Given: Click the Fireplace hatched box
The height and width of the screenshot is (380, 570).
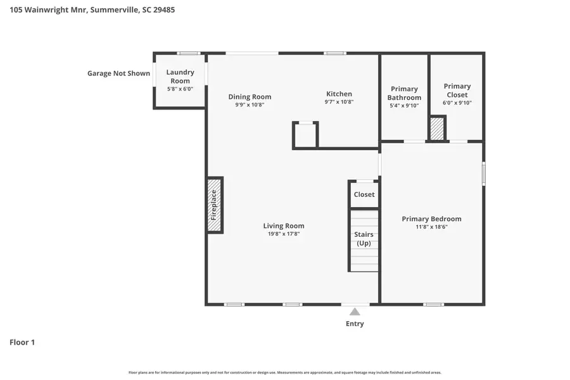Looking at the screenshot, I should pyautogui.click(x=215, y=205).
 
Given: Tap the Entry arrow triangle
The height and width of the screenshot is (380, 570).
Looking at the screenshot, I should pyautogui.click(x=355, y=312).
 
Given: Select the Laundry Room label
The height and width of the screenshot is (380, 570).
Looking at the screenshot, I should pyautogui.click(x=180, y=77).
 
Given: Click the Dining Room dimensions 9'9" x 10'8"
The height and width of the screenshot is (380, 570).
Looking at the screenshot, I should pyautogui.click(x=250, y=105).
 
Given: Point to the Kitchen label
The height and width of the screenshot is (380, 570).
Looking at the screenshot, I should pyautogui.click(x=339, y=94).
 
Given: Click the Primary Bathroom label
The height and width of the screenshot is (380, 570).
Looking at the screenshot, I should pyautogui.click(x=404, y=93).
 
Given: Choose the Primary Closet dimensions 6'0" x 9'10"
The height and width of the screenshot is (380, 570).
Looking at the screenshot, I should pyautogui.click(x=457, y=103).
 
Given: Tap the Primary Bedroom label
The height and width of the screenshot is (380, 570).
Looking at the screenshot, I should pyautogui.click(x=431, y=219).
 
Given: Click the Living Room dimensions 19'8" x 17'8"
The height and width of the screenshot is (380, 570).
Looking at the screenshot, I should pyautogui.click(x=284, y=234).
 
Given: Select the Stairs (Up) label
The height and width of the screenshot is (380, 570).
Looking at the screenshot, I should pyautogui.click(x=364, y=239).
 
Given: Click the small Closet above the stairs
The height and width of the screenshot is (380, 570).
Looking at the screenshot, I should pyautogui.click(x=364, y=194).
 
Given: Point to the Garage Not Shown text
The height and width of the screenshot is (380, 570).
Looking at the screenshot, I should pyautogui.click(x=118, y=73).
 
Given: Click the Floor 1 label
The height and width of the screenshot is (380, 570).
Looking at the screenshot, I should pyautogui.click(x=22, y=343).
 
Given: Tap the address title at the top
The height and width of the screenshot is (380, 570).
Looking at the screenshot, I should pyautogui.click(x=92, y=10).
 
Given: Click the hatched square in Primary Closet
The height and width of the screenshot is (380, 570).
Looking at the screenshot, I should pyautogui.click(x=438, y=129).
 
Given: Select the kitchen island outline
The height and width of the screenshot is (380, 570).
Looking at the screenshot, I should pyautogui.click(x=305, y=135).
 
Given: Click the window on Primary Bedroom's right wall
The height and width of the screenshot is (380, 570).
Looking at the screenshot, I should pyautogui.click(x=483, y=174).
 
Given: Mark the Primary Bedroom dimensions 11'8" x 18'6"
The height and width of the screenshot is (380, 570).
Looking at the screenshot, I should pyautogui.click(x=431, y=227).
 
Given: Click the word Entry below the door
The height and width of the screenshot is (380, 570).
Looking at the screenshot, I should pyautogui.click(x=355, y=324).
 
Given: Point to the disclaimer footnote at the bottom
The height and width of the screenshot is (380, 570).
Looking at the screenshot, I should pyautogui.click(x=284, y=372).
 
